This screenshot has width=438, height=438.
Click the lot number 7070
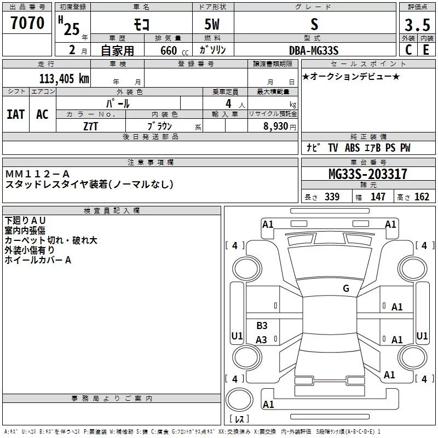tap(27, 24)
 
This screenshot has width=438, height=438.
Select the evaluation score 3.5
tap(417, 25)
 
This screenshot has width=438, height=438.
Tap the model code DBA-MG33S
tap(314, 50)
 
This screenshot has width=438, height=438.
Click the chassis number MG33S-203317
tap(368, 175)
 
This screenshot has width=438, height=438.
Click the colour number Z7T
tap(91, 125)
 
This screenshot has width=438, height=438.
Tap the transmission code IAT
tap(15, 114)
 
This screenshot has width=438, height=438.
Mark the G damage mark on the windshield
tap(345, 289)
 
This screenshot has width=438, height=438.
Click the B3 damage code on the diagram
tap(262, 326)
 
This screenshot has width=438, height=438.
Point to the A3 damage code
tap(261, 340)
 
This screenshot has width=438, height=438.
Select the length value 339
tap(332, 197)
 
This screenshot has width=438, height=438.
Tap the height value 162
tap(422, 197)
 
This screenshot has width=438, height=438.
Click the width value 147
tap(378, 197)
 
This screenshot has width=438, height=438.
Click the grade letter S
tap(314, 24)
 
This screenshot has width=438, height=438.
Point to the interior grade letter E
tap(426, 50)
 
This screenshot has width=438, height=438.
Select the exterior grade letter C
tap(408, 50)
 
